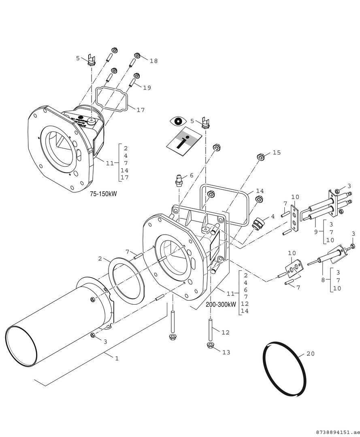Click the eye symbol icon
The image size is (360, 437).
(178, 121)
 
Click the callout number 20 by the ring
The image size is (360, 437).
(310, 354)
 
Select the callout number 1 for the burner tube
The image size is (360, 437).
(117, 359)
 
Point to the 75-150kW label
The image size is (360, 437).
(103, 194)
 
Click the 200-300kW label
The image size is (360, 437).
(221, 305)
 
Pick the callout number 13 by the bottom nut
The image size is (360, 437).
(226, 352)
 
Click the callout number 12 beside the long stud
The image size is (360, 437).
(226, 332)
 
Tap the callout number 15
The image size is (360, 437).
(277, 153)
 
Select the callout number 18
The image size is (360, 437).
(153, 61)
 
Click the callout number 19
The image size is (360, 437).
(147, 87)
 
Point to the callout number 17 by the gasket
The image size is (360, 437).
(140, 110)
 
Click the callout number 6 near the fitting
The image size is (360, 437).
(192, 175)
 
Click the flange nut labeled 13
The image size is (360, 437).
(210, 345)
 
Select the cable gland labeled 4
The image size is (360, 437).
(258, 223)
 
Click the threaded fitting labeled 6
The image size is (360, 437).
(179, 180)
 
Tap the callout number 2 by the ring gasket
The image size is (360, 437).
(100, 258)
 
